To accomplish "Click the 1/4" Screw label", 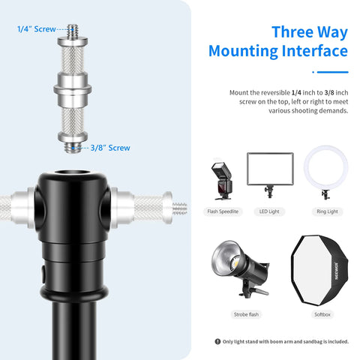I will [35, 29].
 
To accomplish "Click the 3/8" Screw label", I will [109, 148].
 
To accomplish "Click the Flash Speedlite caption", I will [223, 212].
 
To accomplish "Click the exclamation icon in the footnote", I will [217, 341].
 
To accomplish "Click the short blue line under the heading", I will [329, 73].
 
